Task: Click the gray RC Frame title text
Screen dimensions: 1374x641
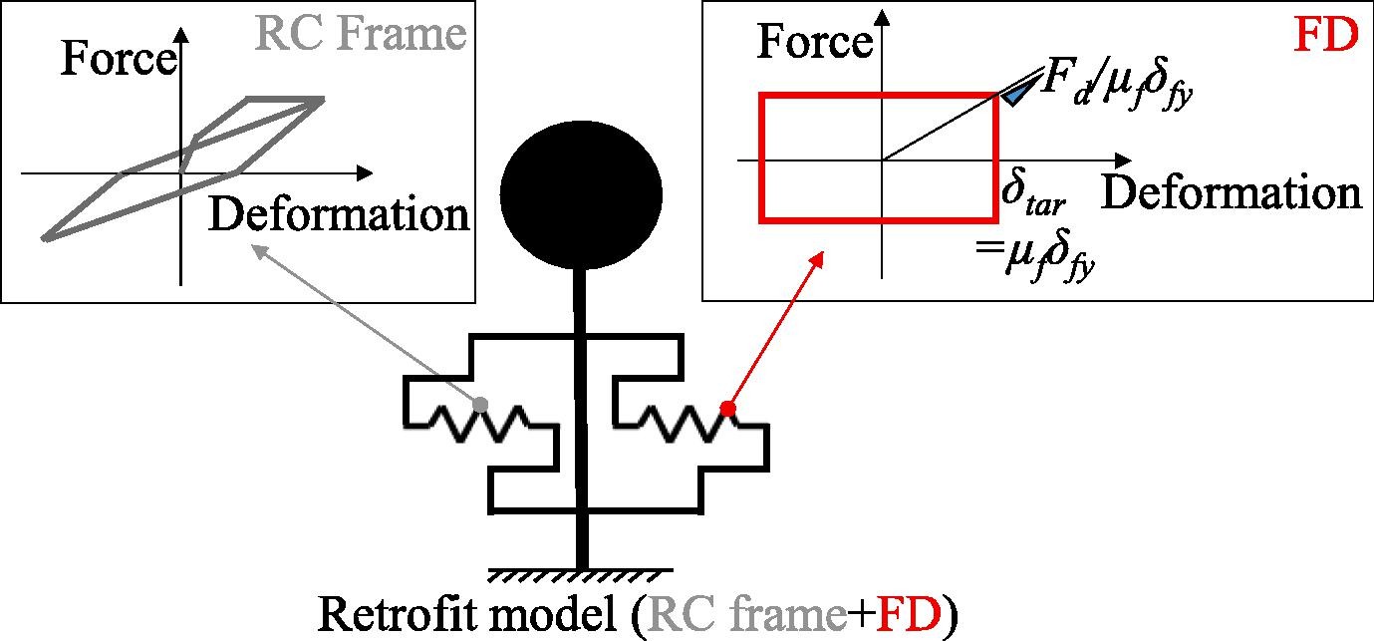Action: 360,33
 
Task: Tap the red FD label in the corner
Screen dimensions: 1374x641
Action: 1325,35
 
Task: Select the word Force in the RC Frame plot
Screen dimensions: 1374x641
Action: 119,59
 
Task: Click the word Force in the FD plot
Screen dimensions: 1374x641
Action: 815,42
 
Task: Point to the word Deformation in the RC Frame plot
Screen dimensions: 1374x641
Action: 339,214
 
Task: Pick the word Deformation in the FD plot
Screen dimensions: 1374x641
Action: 1232,192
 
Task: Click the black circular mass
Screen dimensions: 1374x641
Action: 581,195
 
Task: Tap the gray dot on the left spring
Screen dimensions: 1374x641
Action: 481,405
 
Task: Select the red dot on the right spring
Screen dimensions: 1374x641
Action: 727,409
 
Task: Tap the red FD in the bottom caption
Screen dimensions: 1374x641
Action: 909,614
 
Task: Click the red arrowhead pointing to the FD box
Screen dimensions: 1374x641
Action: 817,259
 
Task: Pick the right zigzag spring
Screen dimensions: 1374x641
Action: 688,424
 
